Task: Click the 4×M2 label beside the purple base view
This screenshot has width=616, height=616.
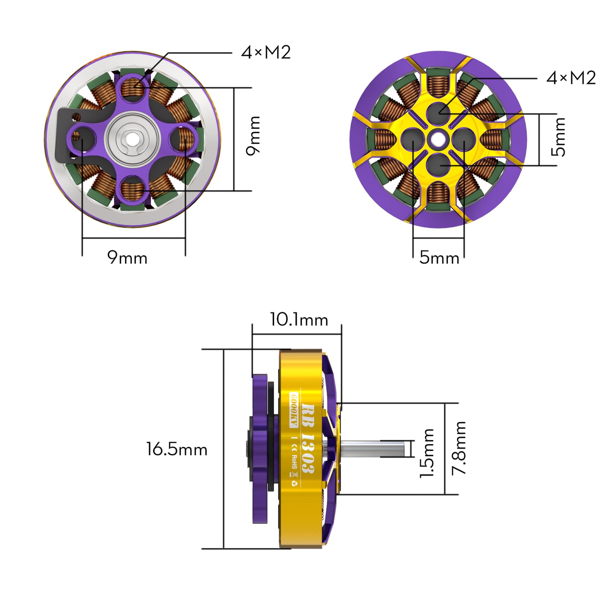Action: (x=266, y=52)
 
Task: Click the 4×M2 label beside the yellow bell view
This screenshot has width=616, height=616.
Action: (x=571, y=78)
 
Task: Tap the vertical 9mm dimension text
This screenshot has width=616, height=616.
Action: (x=253, y=136)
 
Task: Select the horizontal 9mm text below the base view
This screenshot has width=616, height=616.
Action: (x=127, y=257)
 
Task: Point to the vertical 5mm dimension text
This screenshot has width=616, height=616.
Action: (x=558, y=137)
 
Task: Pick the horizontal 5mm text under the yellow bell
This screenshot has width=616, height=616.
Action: (x=439, y=257)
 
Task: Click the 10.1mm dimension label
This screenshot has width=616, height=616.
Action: (x=299, y=319)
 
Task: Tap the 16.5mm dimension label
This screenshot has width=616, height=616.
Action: (x=176, y=449)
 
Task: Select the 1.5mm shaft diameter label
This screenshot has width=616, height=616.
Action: (x=427, y=453)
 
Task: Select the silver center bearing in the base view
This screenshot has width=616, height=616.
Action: (x=133, y=138)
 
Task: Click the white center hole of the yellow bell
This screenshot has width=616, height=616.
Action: (x=438, y=139)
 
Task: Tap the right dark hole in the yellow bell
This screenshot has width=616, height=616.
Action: (x=463, y=139)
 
